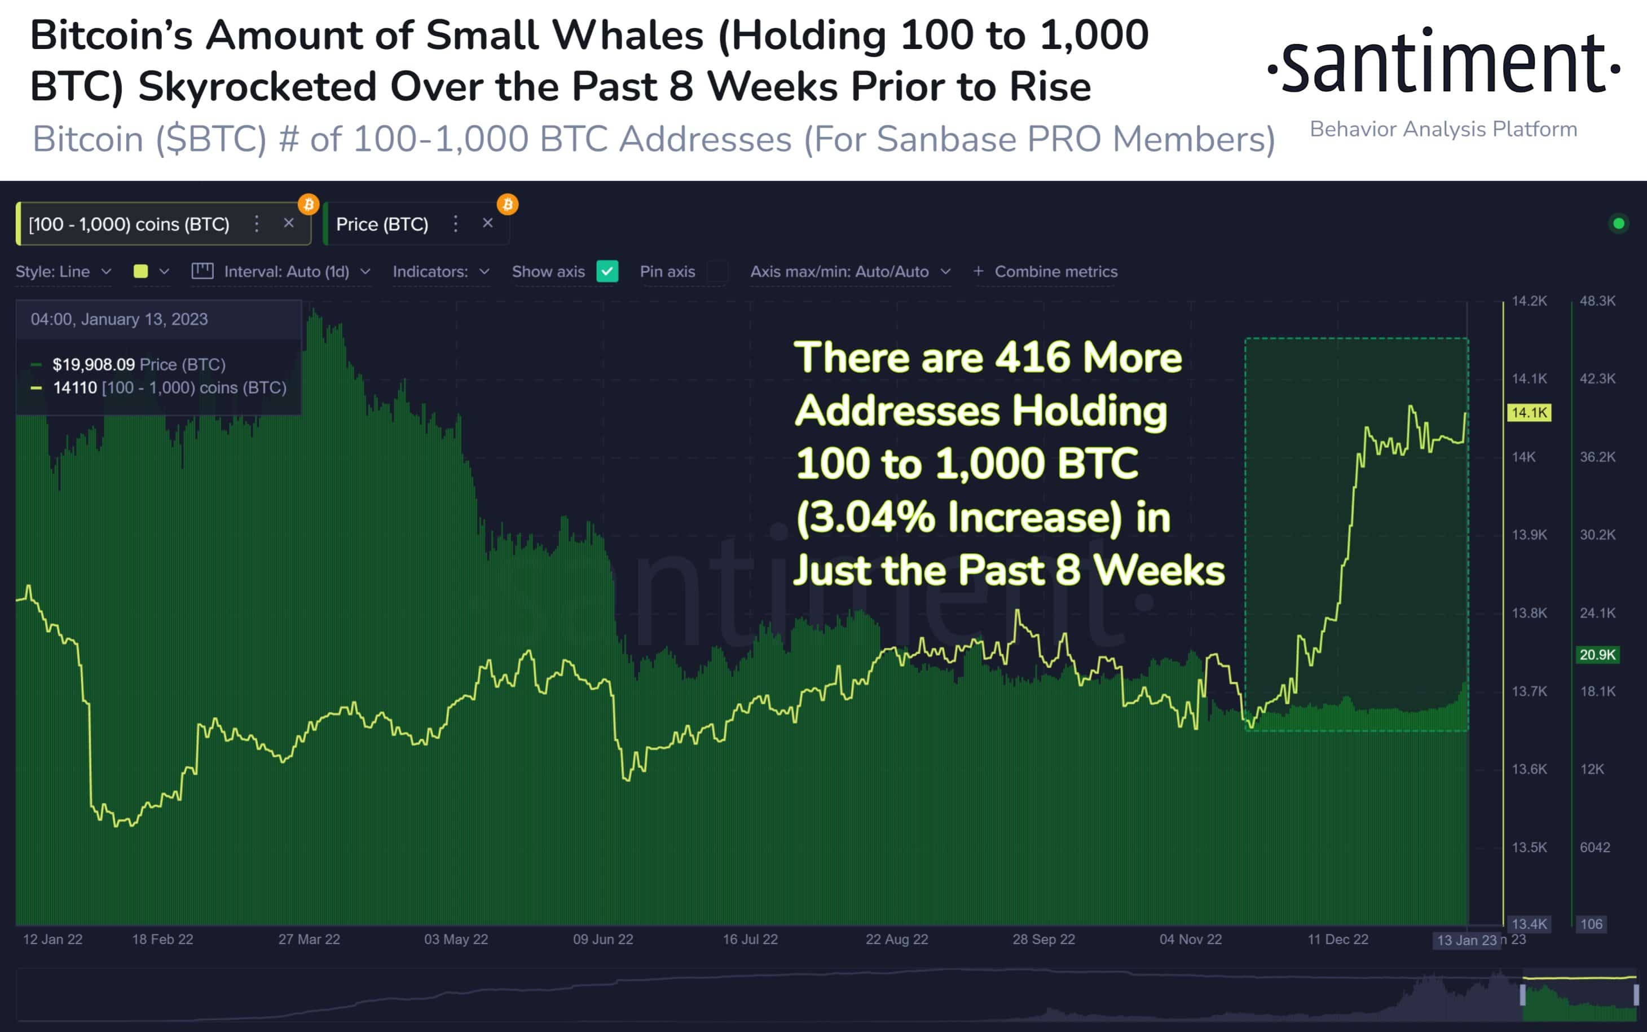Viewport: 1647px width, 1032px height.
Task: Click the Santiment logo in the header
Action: coord(1443,63)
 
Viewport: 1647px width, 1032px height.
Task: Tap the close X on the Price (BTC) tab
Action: coord(487,223)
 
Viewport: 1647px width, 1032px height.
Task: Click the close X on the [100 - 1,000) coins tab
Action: coord(289,223)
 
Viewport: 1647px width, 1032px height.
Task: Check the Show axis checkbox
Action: coord(607,272)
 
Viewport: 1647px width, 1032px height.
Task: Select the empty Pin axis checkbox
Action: coord(717,272)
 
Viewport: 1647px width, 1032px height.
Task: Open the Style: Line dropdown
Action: coord(63,272)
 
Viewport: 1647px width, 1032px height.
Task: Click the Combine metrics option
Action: coord(1046,272)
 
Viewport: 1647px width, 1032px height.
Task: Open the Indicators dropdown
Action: coord(441,272)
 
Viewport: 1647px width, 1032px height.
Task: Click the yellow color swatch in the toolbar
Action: coord(141,272)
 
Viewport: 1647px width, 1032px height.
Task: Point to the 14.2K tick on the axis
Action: coord(1529,301)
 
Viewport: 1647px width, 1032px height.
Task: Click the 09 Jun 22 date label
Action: coord(603,939)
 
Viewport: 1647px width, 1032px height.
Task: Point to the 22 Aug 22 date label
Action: coord(897,939)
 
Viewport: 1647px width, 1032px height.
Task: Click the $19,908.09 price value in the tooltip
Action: coord(94,364)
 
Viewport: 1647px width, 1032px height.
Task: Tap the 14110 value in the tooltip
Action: coord(74,387)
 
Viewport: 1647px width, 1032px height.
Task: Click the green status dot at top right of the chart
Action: coord(1618,223)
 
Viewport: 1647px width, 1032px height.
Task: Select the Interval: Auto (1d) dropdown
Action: coord(287,272)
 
